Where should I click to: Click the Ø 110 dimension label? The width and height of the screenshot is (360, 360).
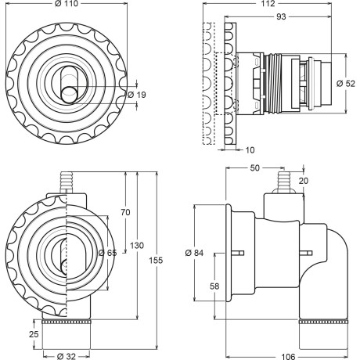(67, 3)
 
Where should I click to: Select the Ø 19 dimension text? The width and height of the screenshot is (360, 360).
(137, 95)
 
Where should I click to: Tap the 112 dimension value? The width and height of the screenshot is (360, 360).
(268, 3)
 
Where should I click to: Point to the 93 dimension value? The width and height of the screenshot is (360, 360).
(281, 16)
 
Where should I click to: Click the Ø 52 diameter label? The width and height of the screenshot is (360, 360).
(346, 84)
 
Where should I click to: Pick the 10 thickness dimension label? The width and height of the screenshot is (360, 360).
(250, 150)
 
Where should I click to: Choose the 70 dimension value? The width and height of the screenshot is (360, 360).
(125, 212)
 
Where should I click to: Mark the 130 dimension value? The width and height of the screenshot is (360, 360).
(137, 246)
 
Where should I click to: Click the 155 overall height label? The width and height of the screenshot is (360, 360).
(156, 260)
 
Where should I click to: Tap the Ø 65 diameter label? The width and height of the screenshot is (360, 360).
(108, 253)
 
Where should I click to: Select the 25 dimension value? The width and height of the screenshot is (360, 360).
(34, 334)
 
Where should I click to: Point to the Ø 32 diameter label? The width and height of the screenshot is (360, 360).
(67, 356)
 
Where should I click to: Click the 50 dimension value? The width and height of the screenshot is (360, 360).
(255, 168)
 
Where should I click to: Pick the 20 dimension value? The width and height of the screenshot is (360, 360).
(304, 181)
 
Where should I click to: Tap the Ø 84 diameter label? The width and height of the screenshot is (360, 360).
(194, 253)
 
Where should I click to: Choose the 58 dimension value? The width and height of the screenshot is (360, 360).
(214, 286)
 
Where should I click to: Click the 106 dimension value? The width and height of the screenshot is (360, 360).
(288, 356)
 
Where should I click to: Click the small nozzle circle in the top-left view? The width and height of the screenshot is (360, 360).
(70, 95)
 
